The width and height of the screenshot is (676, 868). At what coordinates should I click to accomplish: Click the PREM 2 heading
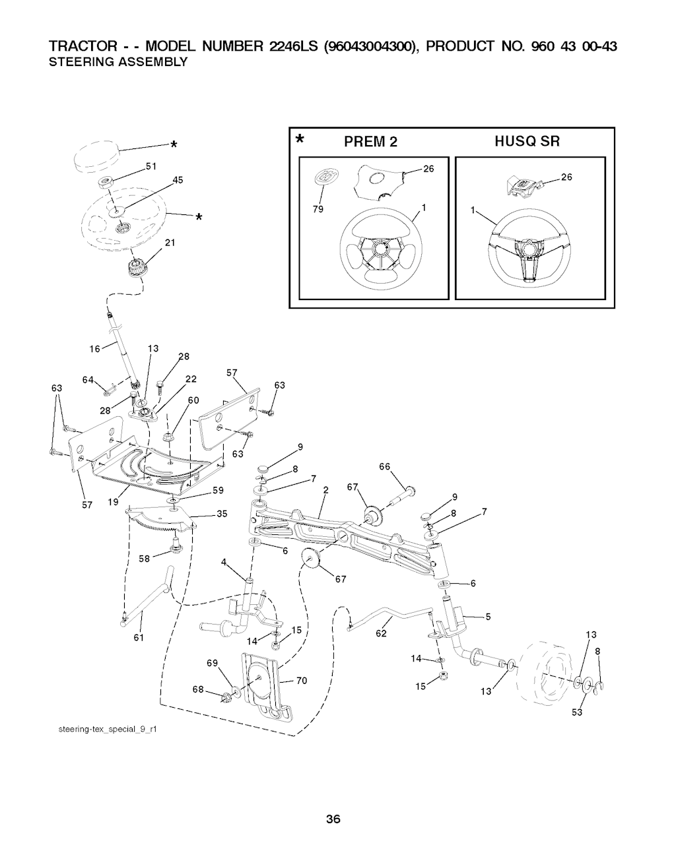pos(370,141)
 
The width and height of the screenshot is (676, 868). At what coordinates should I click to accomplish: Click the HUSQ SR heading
pos(527,141)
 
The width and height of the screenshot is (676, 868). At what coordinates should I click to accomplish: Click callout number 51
pos(150,166)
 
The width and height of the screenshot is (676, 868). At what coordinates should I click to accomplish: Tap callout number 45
pos(177,181)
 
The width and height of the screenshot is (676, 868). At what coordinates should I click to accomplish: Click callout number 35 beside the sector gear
pos(222,514)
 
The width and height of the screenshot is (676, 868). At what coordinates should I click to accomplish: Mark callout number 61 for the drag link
pos(139,637)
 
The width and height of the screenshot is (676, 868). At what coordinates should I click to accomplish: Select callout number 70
pos(302,681)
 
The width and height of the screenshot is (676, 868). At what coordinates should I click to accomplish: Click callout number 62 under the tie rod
pos(381,635)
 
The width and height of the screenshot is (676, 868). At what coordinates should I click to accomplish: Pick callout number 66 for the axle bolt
pos(384,467)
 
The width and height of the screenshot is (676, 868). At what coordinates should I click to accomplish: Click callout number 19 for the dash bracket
pos(113,502)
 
